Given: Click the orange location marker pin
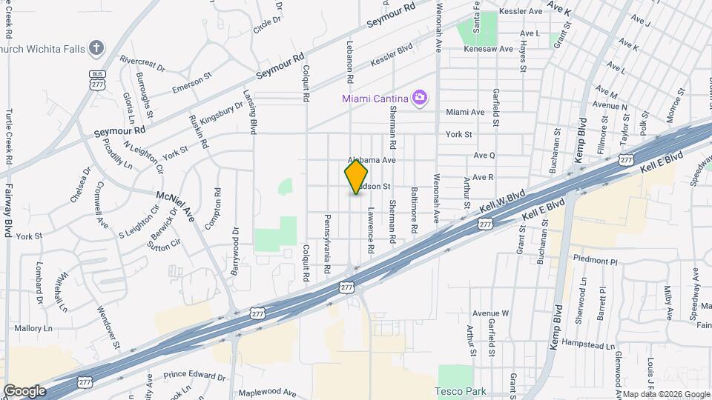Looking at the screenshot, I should tap(357, 176).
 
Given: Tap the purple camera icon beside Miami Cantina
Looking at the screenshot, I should tap(421, 98).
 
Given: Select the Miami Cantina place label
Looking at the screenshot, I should tap(376, 99).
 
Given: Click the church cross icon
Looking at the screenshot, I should tap(96, 49).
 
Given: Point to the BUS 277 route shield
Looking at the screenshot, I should tap(97, 80).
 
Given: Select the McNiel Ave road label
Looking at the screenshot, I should tap(175, 205).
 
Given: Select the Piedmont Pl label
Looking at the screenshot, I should tap(596, 261).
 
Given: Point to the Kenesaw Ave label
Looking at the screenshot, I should tap(489, 49).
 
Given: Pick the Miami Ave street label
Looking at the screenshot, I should tap(465, 112).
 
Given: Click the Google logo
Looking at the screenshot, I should tap(24, 391).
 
